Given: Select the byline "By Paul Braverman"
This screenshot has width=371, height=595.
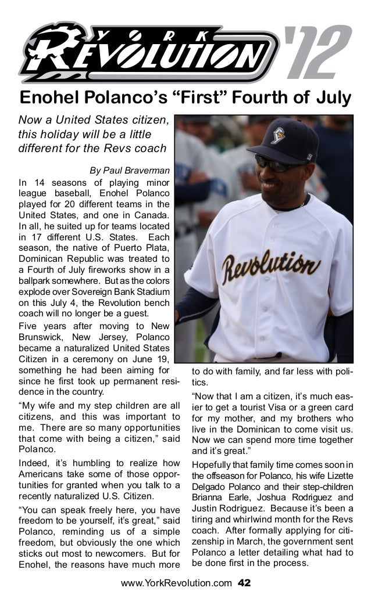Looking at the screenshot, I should pos(129,171).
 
